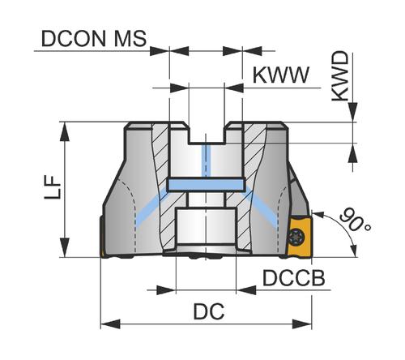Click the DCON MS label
pos(94,38)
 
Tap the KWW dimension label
pos(280,75)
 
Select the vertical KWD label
pos(340,76)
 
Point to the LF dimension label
pos(53,187)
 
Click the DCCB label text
pos(294,278)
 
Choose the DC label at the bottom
pos(209,311)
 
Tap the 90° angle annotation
pos(355,220)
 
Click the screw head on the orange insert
pos(297,237)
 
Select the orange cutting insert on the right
pos(300,236)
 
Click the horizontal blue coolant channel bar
pos(206,185)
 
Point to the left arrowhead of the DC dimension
pos(110,324)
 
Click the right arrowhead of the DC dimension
pos(302,324)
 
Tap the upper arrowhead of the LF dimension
pos(65,131)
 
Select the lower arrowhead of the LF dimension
pos(65,247)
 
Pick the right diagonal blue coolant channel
pos(260,208)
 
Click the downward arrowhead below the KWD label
pos(352,112)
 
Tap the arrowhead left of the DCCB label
pos(246,290)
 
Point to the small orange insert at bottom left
pos(103,253)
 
